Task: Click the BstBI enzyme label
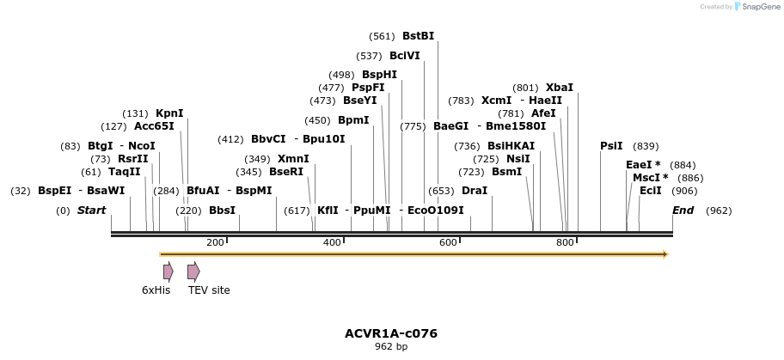[x=418, y=36]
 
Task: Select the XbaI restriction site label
[x=559, y=88]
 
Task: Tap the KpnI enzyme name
[x=169, y=113]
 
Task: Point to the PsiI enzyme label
[x=611, y=146]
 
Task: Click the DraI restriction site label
[x=475, y=191]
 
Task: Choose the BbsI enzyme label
[x=222, y=211]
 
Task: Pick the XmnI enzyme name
[x=293, y=159]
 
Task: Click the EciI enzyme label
[x=651, y=191]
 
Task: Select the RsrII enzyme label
[x=133, y=159]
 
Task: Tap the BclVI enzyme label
[x=405, y=56]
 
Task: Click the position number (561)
[x=381, y=36]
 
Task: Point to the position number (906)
[x=684, y=191]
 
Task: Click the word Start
[x=92, y=211]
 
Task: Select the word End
[x=683, y=211]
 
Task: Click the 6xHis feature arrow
[x=168, y=272]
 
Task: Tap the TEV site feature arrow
[x=193, y=272]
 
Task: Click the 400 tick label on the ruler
[x=332, y=242]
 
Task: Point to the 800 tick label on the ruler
[x=565, y=242]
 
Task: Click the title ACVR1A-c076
[x=391, y=333]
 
